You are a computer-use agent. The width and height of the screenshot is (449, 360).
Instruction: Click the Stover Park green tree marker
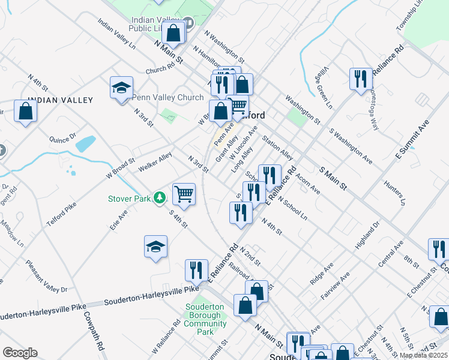click(x=159, y=197)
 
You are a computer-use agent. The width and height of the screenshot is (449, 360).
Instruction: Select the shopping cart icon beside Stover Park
click(x=184, y=194)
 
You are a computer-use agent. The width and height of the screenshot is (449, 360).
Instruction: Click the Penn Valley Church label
click(x=168, y=97)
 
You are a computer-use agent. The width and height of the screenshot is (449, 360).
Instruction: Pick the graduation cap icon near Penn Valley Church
click(x=121, y=88)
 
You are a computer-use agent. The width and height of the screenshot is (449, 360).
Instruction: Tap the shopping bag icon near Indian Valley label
click(x=25, y=111)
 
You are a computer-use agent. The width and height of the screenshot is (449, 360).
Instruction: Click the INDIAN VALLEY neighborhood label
click(x=60, y=100)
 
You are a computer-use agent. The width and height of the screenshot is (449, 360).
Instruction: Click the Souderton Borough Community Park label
click(x=205, y=319)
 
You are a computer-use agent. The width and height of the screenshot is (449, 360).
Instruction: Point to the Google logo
click(x=20, y=353)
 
